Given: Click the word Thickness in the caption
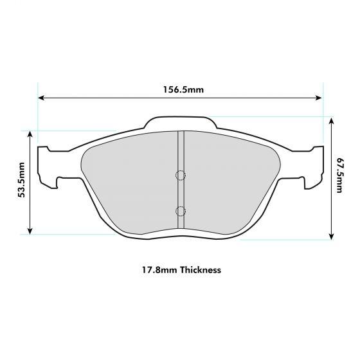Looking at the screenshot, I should click(x=201, y=270).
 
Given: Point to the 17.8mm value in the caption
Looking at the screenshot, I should click(x=157, y=270).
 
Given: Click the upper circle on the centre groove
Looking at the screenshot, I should click(x=180, y=175).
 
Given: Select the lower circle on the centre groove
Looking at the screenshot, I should click(x=180, y=210).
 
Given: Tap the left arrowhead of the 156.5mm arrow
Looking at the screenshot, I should click(x=42, y=98).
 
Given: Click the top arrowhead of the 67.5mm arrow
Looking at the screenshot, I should click(x=330, y=120).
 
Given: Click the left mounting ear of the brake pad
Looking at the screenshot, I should click(x=46, y=166).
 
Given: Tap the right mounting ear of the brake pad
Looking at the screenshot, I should click(x=315, y=166).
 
